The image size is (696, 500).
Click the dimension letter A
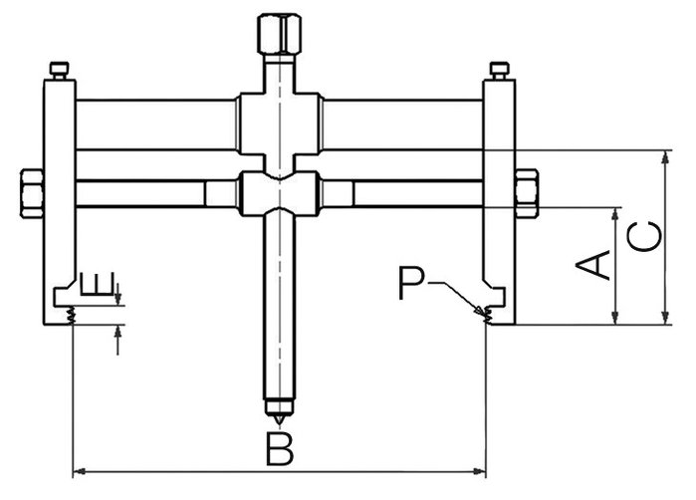(593, 265)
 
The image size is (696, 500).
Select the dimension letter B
(280, 448)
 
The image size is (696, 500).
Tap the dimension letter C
(644, 236)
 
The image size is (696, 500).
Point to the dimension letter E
(98, 283)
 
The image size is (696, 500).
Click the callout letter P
(412, 283)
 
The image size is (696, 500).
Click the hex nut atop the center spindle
(279, 34)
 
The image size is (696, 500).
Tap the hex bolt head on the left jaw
(32, 193)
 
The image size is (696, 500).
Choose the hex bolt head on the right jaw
(527, 193)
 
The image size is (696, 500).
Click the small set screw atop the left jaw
(60, 71)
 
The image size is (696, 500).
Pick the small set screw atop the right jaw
(500, 71)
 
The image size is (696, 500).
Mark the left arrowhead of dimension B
(78, 471)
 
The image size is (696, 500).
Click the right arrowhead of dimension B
(480, 471)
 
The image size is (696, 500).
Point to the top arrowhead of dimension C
(665, 157)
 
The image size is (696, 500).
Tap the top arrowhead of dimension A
(614, 214)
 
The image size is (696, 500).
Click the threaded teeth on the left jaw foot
(70, 315)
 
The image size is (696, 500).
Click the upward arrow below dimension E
(117, 340)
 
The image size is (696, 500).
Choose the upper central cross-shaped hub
(279, 124)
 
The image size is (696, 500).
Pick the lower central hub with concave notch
(279, 194)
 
